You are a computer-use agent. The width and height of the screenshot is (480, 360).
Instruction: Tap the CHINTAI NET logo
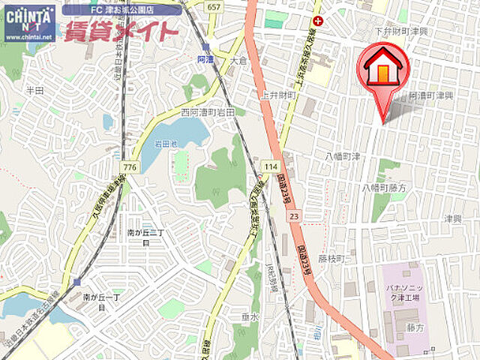[x=29, y=22]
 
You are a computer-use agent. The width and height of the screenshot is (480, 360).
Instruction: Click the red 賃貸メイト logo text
[x=121, y=31]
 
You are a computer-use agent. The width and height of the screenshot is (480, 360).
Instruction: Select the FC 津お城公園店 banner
[x=121, y=10]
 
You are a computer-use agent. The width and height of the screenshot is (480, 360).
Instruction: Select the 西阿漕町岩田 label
[x=208, y=112]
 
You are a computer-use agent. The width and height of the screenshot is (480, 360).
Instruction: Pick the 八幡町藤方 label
[x=384, y=187]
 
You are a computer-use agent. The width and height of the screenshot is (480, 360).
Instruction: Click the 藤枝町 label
[x=330, y=258]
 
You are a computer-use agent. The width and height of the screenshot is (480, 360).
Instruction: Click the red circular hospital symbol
[x=319, y=21]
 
